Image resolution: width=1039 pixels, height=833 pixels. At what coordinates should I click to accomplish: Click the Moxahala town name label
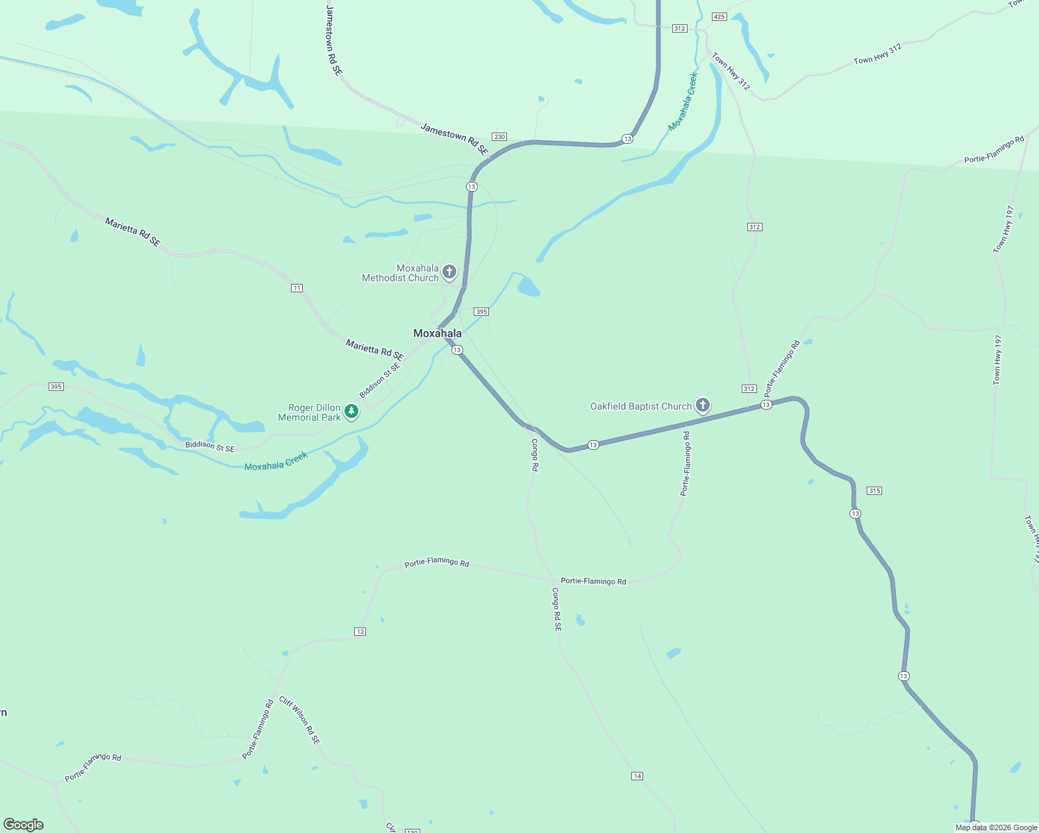(438, 333)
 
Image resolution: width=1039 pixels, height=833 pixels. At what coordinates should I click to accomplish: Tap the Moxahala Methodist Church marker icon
(449, 271)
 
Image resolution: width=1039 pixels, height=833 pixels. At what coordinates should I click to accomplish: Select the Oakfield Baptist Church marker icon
(703, 405)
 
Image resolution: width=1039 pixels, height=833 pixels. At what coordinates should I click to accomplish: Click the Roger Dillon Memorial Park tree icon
(351, 411)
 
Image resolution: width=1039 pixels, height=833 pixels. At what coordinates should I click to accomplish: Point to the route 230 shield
(499, 137)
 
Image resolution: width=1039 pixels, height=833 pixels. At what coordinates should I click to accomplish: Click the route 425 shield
(719, 17)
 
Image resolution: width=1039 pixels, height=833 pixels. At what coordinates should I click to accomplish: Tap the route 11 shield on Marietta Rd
(297, 288)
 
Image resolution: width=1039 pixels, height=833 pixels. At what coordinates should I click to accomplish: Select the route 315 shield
(874, 491)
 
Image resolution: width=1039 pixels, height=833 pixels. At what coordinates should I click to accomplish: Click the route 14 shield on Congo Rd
(638, 776)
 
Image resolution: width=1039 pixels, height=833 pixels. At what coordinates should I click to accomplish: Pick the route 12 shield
(360, 632)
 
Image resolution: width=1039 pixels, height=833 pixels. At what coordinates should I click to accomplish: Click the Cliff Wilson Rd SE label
(300, 721)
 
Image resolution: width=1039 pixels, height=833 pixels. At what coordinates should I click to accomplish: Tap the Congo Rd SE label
(556, 609)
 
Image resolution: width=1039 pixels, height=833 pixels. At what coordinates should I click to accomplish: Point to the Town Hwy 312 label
(878, 54)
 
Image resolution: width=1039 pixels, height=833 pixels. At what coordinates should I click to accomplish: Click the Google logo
(24, 824)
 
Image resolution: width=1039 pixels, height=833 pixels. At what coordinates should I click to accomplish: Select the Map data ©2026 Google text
(996, 827)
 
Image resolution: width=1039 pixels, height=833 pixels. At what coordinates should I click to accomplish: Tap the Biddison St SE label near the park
(210, 446)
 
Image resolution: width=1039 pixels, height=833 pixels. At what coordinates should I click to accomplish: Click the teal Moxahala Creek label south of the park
(276, 462)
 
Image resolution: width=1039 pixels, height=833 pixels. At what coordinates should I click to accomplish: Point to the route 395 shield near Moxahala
(481, 312)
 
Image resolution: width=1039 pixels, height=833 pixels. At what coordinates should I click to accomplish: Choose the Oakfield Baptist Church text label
(641, 406)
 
